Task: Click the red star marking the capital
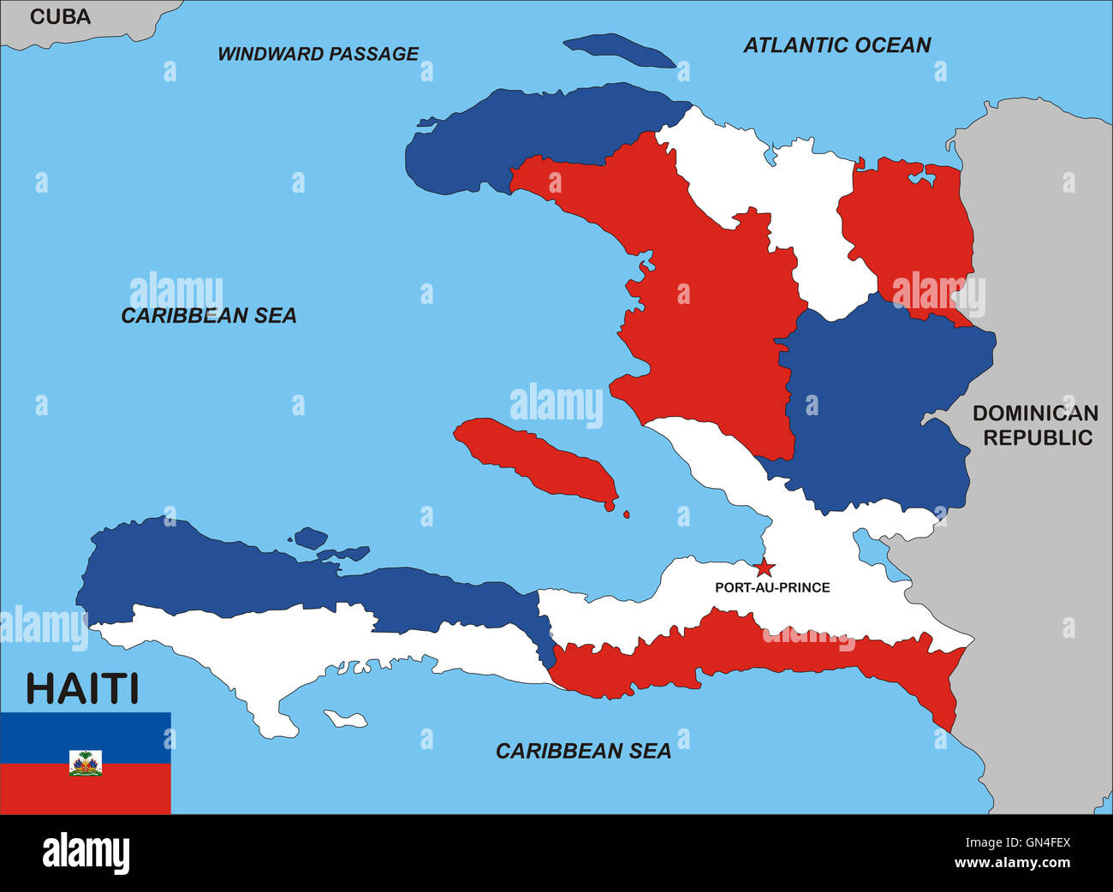coord(764,568)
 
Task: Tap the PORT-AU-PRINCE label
coord(772,587)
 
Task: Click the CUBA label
coord(60,16)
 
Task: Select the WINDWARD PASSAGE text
coord(318,54)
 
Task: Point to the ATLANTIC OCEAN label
coord(836,45)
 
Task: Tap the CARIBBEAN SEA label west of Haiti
coord(209,316)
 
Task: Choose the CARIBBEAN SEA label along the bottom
coord(583,751)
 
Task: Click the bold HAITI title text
coord(82,688)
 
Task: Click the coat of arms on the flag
coord(86,763)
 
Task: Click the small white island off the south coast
coord(346,719)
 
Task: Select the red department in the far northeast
coord(908,231)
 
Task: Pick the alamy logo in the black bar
coord(86,853)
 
